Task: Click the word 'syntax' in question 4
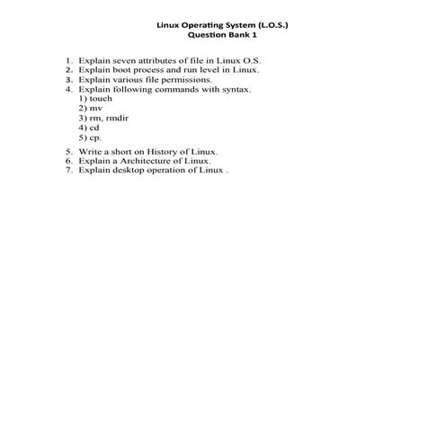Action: pyautogui.click(x=236, y=89)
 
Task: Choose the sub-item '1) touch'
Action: pyautogui.click(x=95, y=99)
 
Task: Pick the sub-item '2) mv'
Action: pyautogui.click(x=91, y=109)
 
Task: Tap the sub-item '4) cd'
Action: pyautogui.click(x=89, y=129)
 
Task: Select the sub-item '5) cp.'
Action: pyautogui.click(x=90, y=138)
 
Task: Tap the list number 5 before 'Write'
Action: pyautogui.click(x=68, y=153)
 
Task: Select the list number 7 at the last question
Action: pyautogui.click(x=68, y=169)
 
